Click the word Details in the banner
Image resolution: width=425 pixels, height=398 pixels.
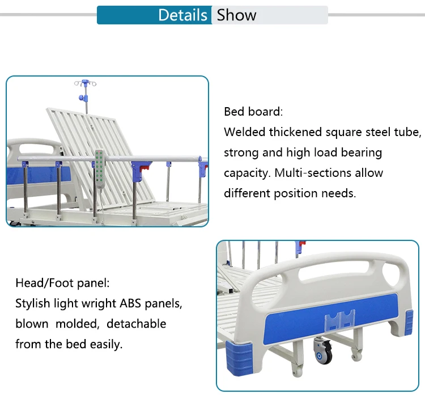click(182, 15)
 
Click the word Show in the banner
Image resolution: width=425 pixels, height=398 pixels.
click(236, 15)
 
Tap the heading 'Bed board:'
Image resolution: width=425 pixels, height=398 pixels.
click(253, 112)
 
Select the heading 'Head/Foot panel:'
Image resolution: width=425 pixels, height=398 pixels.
click(62, 283)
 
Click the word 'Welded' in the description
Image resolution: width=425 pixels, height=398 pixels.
click(244, 132)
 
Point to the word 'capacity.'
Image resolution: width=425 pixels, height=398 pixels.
click(247, 173)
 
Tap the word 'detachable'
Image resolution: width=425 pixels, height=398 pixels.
click(137, 324)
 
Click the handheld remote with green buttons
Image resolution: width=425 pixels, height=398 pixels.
click(100, 169)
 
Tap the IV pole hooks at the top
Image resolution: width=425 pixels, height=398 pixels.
click(85, 83)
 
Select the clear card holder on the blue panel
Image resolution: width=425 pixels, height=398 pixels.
click(339, 319)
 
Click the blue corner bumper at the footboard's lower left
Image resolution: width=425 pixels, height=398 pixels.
click(239, 357)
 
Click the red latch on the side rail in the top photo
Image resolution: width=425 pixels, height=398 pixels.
click(144, 167)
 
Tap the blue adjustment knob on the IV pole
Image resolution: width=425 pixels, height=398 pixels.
click(82, 98)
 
